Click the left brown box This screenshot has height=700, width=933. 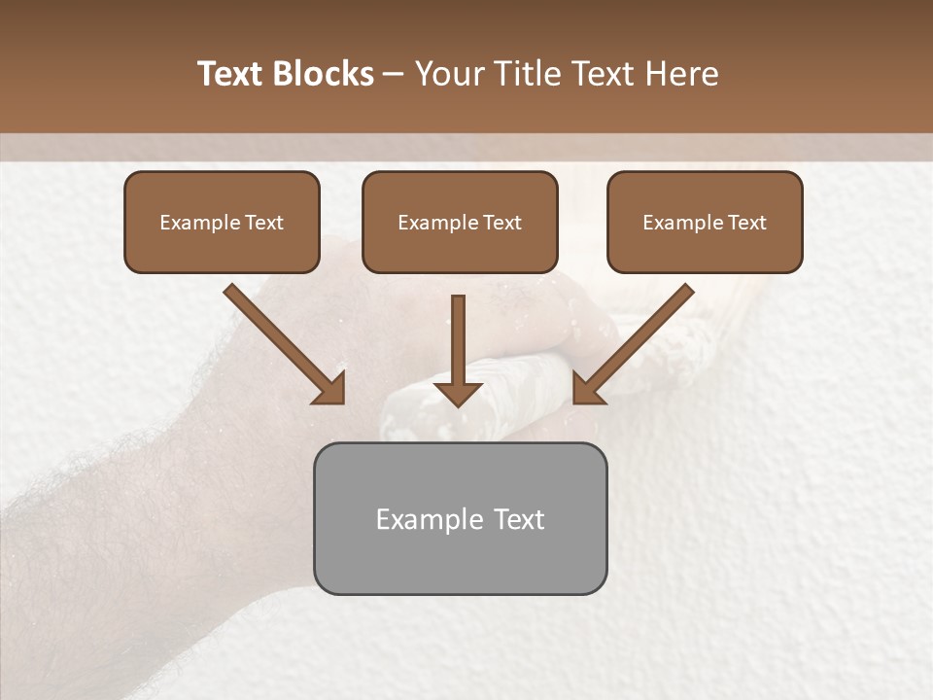222,248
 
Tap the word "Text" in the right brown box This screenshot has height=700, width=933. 746,223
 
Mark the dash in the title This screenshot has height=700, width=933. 394,75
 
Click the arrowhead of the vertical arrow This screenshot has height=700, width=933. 458,393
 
